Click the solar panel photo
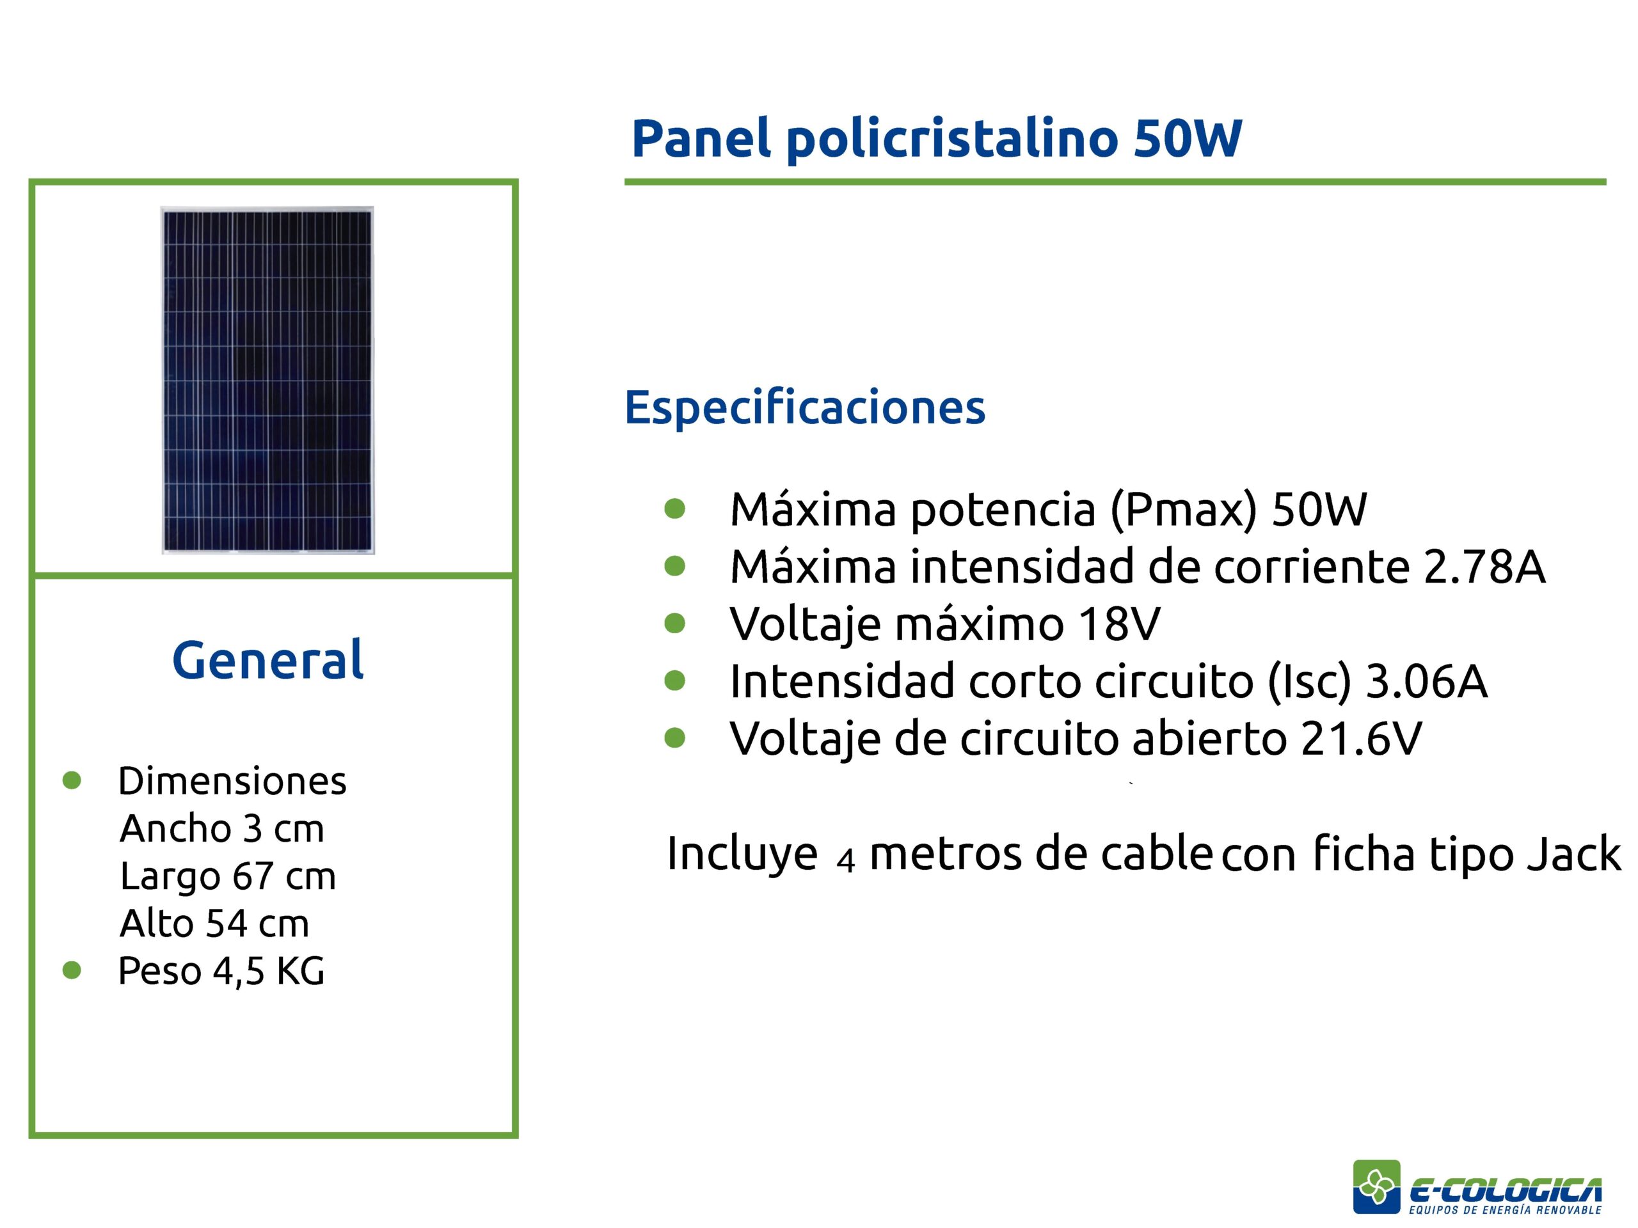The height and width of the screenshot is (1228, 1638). [267, 380]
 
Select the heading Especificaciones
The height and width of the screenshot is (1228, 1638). [805, 408]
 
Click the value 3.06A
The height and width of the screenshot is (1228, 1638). [1426, 681]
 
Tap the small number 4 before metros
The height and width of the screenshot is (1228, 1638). [846, 861]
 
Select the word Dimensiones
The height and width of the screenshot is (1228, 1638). [232, 781]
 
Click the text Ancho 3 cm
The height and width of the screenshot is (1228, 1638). [222, 828]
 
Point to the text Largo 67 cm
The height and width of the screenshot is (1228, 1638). [228, 876]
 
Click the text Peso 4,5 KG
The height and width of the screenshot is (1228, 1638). [221, 970]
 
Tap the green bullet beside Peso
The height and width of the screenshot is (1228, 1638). [72, 970]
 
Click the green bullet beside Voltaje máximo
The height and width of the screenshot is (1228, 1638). [674, 623]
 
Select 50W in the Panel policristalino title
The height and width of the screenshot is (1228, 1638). [1187, 138]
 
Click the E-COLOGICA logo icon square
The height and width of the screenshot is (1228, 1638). [1376, 1186]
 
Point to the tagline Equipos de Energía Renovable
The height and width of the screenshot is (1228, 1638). [1505, 1209]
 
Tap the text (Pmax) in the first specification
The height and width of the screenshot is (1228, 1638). [1183, 510]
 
